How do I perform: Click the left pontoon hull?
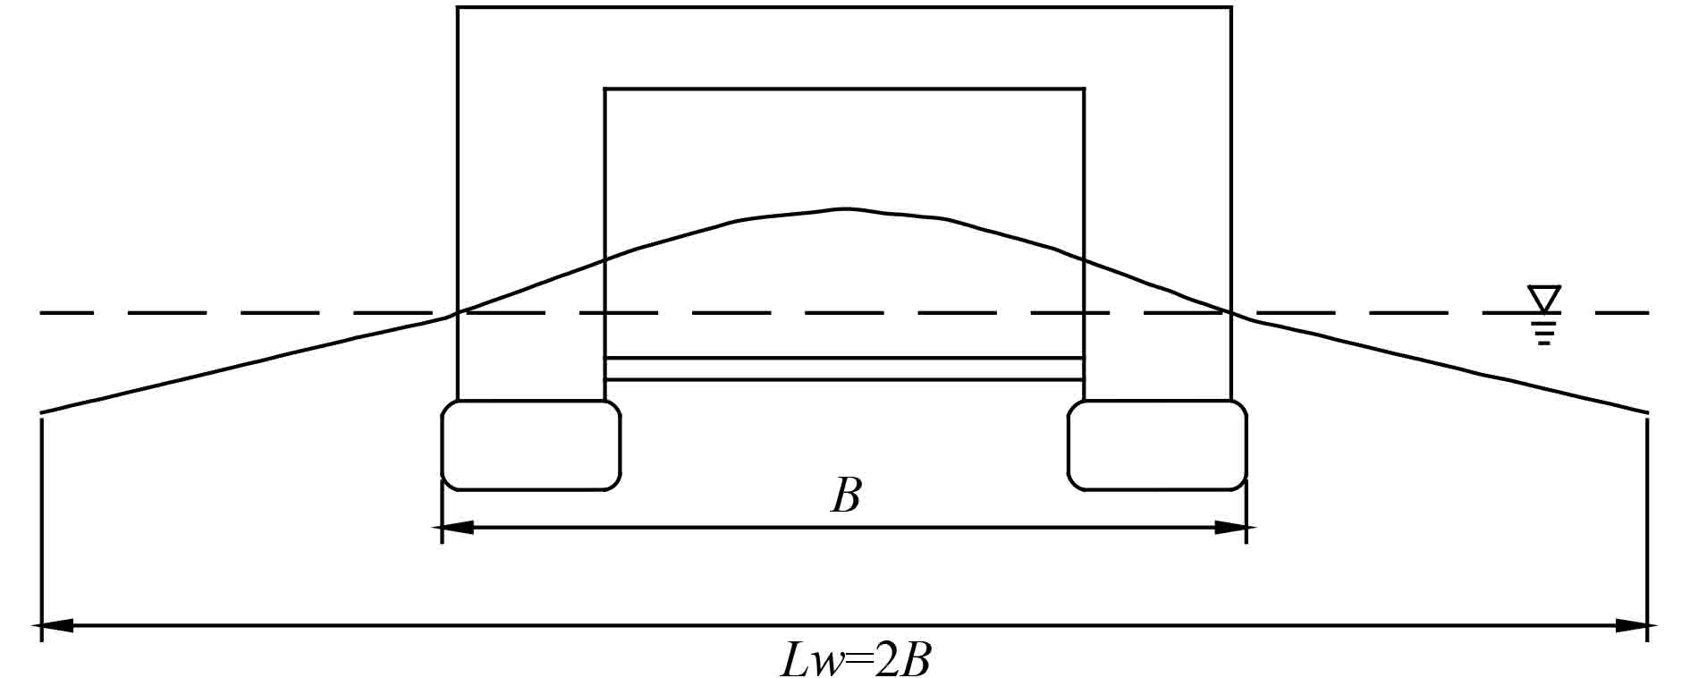tap(531, 445)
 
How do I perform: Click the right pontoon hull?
tap(1157, 445)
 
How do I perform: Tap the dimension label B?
tap(846, 496)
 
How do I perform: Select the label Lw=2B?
tap(856, 661)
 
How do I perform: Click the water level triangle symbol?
tap(1544, 298)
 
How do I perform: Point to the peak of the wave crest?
tap(845, 209)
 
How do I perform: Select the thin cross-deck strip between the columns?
tap(845, 369)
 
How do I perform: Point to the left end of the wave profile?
tap(42, 412)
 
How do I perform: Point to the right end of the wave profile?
tap(1647, 412)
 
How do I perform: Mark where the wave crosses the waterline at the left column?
tap(458, 312)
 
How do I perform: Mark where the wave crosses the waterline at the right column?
tap(1230, 312)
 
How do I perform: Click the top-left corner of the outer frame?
tap(458, 8)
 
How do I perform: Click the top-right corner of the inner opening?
tap(1084, 89)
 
